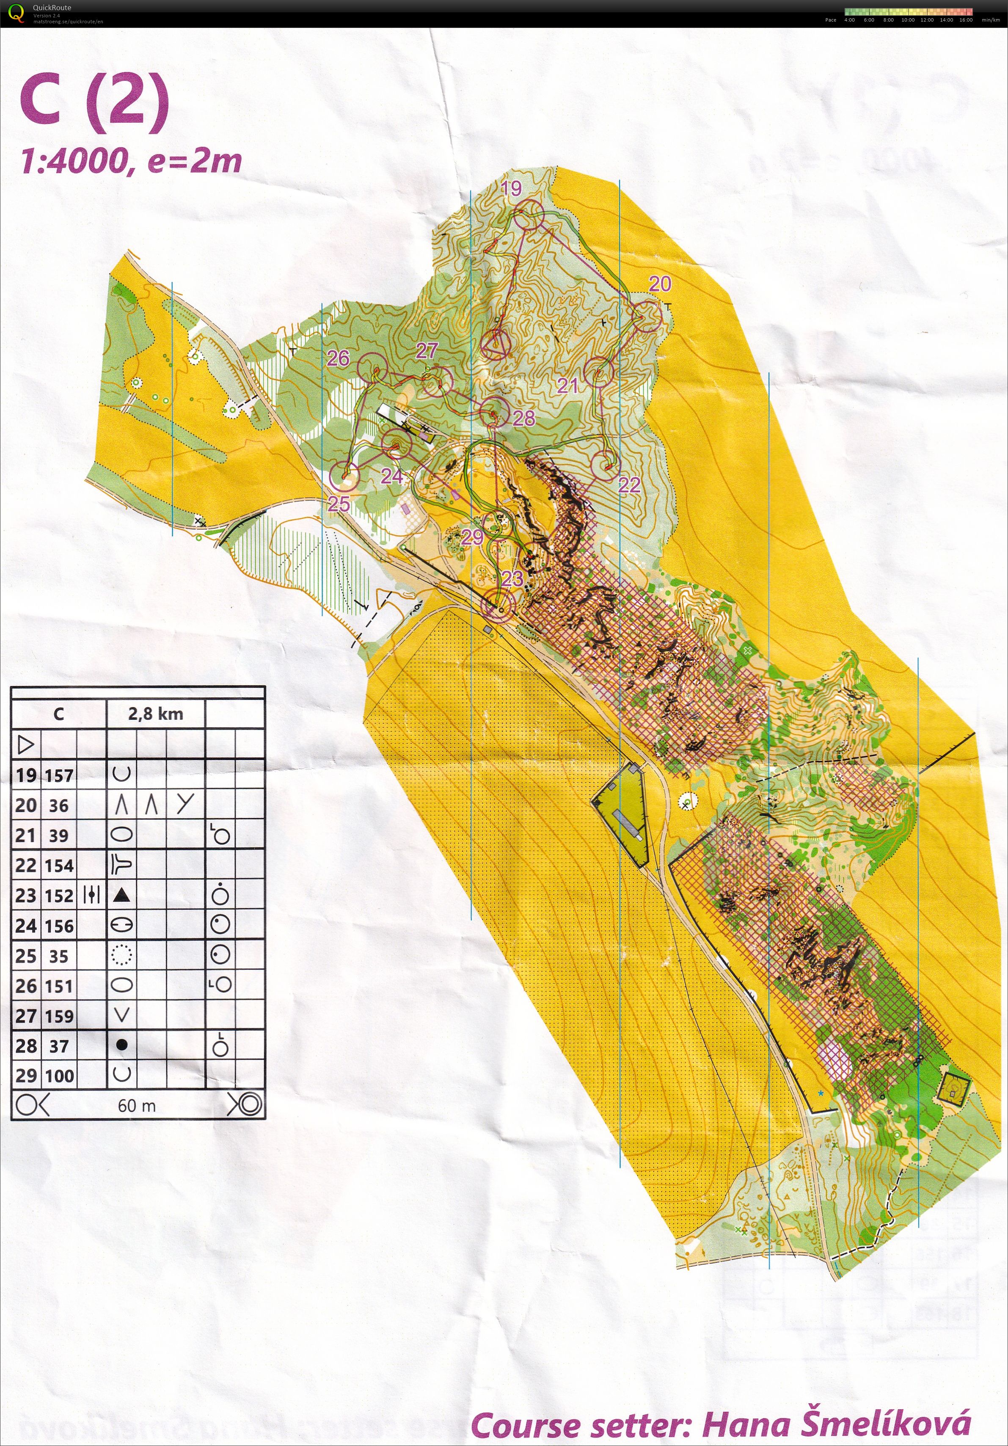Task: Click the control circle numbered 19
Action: [528, 215]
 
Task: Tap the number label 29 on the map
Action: [472, 537]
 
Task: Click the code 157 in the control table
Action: [59, 775]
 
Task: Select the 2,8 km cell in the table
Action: [155, 713]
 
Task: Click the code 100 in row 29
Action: [59, 1076]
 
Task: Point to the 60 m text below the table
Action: [137, 1106]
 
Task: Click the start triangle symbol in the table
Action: [26, 745]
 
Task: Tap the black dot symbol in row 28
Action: [122, 1045]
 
